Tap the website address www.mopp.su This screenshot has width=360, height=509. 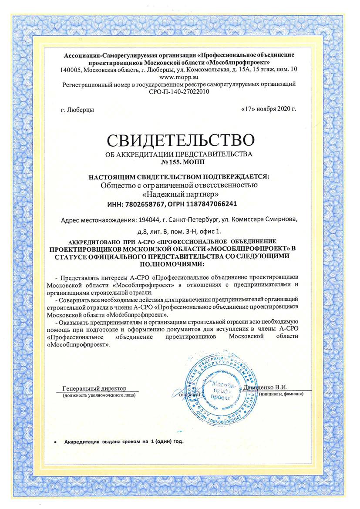coord(179,77)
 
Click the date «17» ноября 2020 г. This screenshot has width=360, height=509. coord(268,108)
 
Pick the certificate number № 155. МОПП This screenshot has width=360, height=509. coord(179,162)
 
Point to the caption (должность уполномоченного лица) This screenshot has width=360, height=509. coord(98,395)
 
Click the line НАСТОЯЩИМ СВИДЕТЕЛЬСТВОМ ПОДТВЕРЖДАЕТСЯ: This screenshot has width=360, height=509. coord(179,177)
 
